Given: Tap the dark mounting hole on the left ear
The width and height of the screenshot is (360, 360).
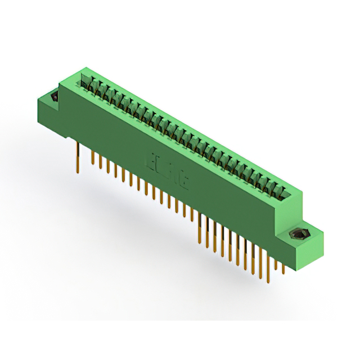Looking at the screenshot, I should click(55, 98).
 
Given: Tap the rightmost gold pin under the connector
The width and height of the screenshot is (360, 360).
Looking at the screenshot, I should click(283, 267).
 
